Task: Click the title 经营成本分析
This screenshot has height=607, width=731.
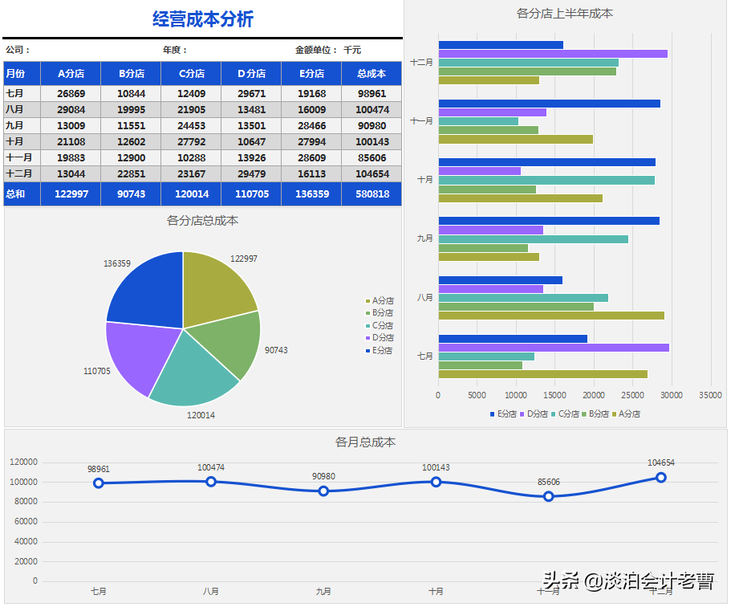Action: pyautogui.click(x=202, y=19)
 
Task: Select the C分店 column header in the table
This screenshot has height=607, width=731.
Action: pyautogui.click(x=191, y=74)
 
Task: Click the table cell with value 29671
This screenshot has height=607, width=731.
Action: pyautogui.click(x=251, y=94)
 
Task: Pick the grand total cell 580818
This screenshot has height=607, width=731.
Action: pyautogui.click(x=372, y=194)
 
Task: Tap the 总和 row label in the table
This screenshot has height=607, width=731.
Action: pyautogui.click(x=15, y=194)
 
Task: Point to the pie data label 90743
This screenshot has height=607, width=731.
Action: pyautogui.click(x=276, y=350)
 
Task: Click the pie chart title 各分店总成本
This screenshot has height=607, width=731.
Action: pyautogui.click(x=202, y=220)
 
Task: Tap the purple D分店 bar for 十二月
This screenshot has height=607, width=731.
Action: pyautogui.click(x=553, y=54)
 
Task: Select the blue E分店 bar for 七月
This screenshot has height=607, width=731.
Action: pyautogui.click(x=513, y=339)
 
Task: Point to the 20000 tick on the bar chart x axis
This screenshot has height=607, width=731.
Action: pyautogui.click(x=593, y=395)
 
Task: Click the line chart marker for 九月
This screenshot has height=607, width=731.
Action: pyautogui.click(x=323, y=491)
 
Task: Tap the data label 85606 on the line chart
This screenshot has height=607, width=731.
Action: pyautogui.click(x=548, y=482)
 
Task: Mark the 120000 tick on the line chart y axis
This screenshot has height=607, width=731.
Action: pyautogui.click(x=24, y=462)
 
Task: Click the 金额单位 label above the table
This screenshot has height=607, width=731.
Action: pyautogui.click(x=315, y=50)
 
